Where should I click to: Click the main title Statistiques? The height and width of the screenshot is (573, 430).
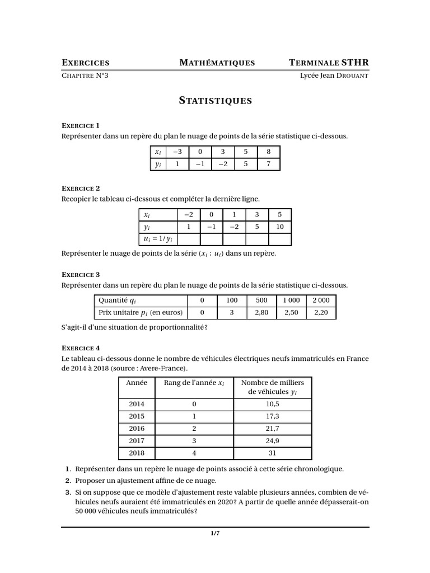215,101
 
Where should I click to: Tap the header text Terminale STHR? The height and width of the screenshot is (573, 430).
329,63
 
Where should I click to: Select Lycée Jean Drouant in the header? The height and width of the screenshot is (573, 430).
334,76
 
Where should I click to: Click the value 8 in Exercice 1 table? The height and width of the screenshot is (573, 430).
268,152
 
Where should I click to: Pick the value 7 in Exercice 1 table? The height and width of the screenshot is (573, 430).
268,164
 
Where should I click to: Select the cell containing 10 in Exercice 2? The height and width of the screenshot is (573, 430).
280,227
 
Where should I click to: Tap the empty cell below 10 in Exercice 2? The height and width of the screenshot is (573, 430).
280,239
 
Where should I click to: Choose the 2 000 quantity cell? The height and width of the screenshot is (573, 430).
321,300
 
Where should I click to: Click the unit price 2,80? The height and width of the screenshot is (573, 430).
261,312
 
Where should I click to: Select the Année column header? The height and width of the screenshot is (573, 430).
137,383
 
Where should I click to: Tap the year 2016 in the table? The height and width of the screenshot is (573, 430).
137,428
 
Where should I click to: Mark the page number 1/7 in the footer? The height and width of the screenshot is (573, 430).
215,533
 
